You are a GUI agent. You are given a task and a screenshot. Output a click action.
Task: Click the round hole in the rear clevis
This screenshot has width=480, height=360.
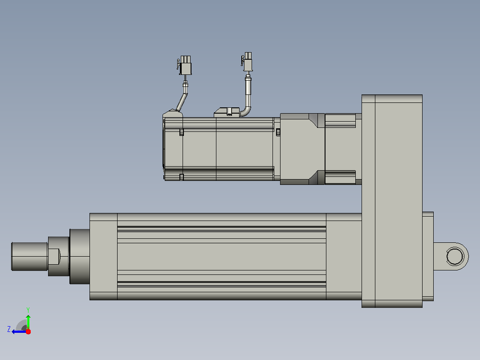point(455,257)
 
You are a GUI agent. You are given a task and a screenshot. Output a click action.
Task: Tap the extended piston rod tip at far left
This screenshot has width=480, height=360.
point(29,257)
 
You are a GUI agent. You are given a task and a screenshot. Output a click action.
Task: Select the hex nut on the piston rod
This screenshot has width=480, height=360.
point(58,257)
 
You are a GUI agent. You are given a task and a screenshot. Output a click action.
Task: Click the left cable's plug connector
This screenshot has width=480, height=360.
point(185,65)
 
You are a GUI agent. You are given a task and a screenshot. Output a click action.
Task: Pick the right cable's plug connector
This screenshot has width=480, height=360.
point(247,61)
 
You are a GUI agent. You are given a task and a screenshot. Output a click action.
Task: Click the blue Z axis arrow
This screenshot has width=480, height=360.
point(19,331)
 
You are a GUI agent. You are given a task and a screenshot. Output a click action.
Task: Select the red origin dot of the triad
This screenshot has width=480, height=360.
point(28,331)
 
